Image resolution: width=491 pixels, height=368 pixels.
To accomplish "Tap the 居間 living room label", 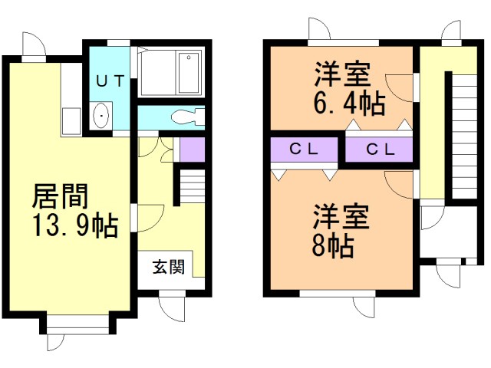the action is (60, 196).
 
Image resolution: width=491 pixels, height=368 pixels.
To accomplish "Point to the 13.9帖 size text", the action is (75, 225).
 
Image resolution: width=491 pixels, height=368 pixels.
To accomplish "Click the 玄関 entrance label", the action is (169, 267).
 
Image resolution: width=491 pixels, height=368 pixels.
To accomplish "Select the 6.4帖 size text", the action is (349, 102).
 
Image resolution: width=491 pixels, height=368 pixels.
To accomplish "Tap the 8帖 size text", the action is (333, 245).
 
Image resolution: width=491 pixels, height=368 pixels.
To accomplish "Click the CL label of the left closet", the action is (304, 149).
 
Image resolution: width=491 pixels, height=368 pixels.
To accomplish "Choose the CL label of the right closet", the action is (381, 149).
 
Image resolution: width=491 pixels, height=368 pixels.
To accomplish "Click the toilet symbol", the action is (188, 117).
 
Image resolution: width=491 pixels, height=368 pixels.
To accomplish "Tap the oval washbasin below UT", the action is (101, 116).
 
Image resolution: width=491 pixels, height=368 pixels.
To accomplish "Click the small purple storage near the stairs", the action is (193, 149).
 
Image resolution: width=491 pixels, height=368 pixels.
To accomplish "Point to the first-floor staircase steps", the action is (193, 186).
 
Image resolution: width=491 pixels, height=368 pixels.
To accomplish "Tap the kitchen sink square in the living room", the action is (71, 121).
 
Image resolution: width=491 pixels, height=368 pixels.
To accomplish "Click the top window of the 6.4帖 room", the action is (344, 43).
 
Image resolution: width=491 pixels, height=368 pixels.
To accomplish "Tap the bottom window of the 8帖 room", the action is (338, 294).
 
